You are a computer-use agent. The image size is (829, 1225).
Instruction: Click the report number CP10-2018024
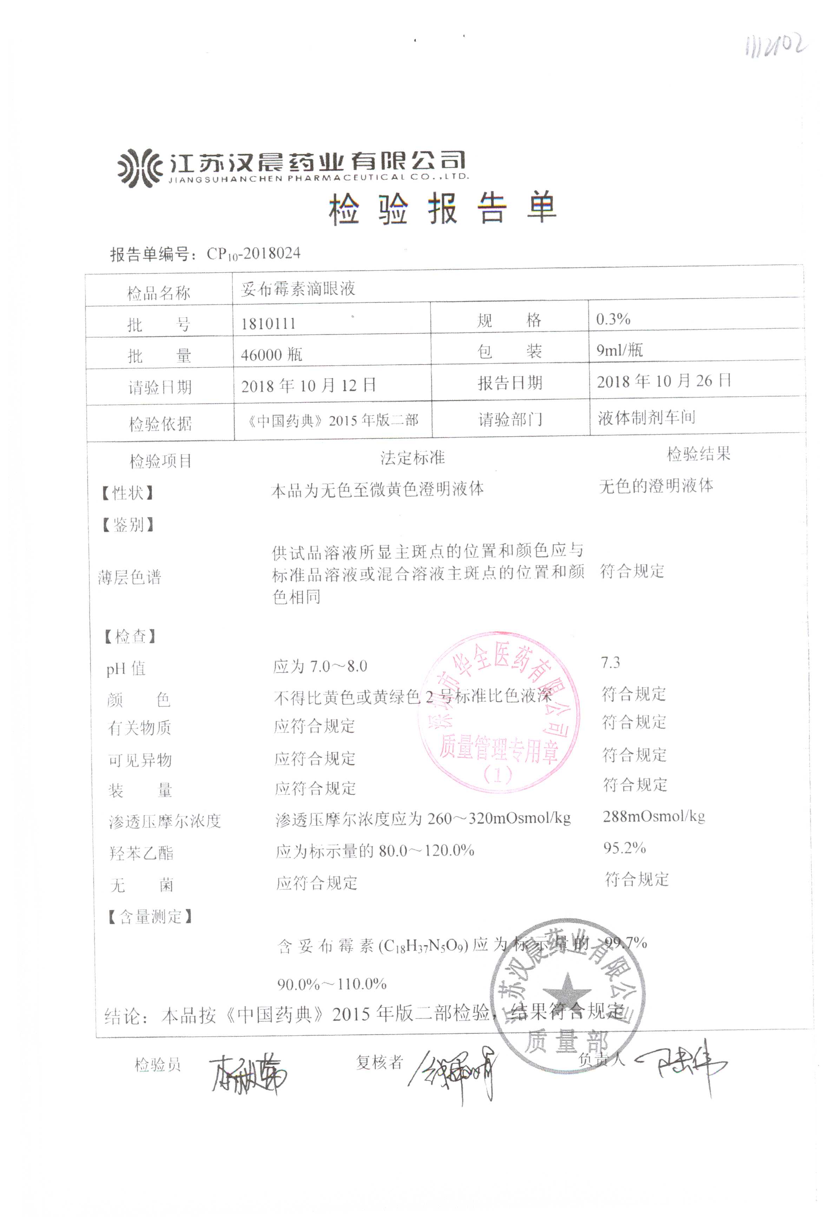tap(253, 254)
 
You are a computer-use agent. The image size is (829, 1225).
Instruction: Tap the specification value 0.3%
tap(613, 319)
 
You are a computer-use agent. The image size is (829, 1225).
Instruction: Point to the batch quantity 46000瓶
tap(271, 354)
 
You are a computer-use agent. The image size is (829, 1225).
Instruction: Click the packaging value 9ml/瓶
tap(619, 350)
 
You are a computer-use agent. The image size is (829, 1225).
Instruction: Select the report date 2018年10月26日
tap(664, 381)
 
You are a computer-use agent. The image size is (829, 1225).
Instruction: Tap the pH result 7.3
tap(610, 663)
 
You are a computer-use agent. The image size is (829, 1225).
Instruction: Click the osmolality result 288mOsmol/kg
tap(653, 817)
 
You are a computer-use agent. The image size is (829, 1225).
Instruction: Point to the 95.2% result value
tap(625, 847)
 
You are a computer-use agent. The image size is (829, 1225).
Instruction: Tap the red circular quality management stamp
tap(498, 712)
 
